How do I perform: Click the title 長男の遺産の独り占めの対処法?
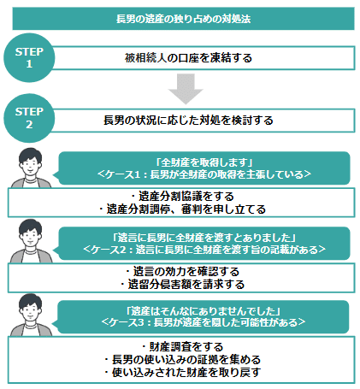(x=183, y=19)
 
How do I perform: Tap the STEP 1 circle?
(x=29, y=58)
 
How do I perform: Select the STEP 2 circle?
(x=29, y=118)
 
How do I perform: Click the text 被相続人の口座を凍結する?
(x=188, y=58)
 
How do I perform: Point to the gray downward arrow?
(x=186, y=89)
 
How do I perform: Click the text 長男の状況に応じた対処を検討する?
(x=188, y=121)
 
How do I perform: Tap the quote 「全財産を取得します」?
(x=204, y=162)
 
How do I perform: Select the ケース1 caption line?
(x=204, y=174)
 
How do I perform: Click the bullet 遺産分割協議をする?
(x=182, y=197)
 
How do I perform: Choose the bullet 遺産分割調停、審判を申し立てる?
(x=182, y=209)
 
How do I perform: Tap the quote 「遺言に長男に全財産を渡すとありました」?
(x=204, y=238)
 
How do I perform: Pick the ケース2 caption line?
(x=204, y=250)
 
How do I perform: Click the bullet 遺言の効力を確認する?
(x=182, y=271)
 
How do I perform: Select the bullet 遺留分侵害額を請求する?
(x=182, y=284)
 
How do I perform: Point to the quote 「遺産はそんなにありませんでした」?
(x=204, y=311)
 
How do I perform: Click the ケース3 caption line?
(x=204, y=322)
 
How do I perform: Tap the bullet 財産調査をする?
(x=182, y=347)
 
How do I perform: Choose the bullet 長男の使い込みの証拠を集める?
(x=182, y=359)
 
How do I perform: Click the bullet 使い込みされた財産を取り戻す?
(x=182, y=372)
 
